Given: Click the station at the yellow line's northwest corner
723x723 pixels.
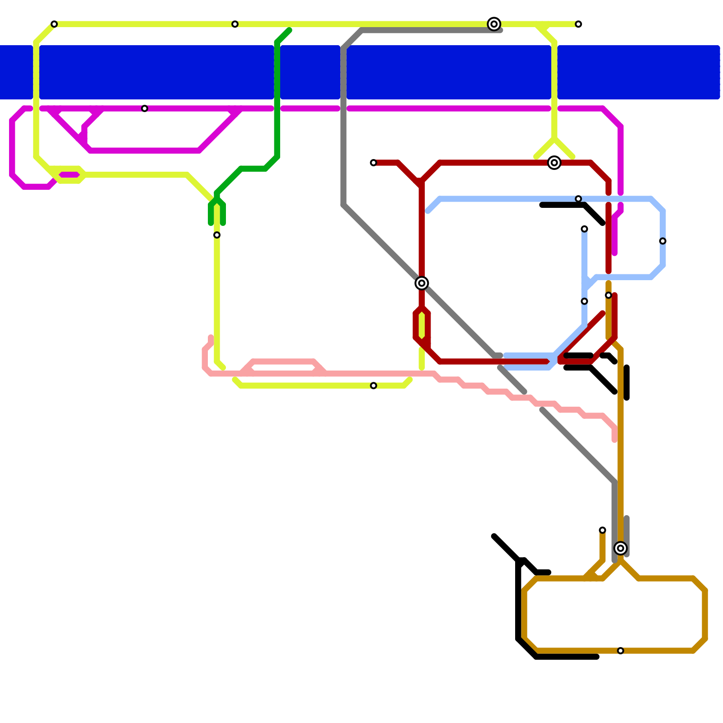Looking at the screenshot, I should coord(54,24).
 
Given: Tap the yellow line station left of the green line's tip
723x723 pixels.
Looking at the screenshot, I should coord(235,24).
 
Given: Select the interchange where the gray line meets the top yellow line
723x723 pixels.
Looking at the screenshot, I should coord(494,24).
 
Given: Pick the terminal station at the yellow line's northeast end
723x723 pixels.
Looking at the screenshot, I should coord(578,24).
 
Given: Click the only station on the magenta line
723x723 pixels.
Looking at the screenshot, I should coord(145,108).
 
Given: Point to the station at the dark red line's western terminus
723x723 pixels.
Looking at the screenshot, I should coord(373,163).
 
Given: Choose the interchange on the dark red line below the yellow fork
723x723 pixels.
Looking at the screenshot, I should coord(554,163).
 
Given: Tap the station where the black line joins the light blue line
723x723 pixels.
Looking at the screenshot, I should coord(578,199).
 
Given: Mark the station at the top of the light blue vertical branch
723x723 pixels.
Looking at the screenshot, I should coord(584,229).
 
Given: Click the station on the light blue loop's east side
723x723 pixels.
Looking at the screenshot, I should coord(662,241).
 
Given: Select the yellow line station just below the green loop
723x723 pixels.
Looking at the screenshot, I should coord(217,235).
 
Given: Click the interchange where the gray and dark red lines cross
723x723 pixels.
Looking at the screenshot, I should coord(422,283).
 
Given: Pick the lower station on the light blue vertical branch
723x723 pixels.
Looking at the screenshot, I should coord(584,301).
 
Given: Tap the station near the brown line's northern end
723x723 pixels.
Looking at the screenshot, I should coord(608,295).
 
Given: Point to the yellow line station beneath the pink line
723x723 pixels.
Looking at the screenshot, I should coord(373,385).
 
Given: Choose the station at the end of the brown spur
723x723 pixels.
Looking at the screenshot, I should coord(602,530).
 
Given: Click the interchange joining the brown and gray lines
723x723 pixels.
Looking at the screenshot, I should coord(620,548).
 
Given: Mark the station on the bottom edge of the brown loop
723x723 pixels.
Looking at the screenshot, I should coord(620,651).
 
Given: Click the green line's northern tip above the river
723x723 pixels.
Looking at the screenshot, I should coord(289,30).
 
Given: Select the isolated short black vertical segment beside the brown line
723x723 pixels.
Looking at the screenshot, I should coord(627,383).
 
